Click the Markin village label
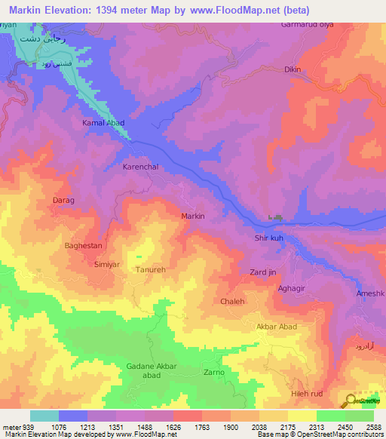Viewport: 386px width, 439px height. coord(194,216)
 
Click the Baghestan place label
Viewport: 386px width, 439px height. coord(83,245)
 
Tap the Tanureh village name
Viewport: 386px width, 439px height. coord(150,269)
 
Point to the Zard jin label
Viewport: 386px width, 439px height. coord(263,272)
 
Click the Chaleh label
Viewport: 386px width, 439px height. coord(233,301)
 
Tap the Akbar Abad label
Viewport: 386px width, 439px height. coord(277,327)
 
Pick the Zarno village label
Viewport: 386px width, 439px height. coord(214,372)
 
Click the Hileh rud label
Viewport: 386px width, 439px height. coord(306,394)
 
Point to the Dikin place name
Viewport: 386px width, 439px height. coord(293,69)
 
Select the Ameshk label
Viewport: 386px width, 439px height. coord(369,293)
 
